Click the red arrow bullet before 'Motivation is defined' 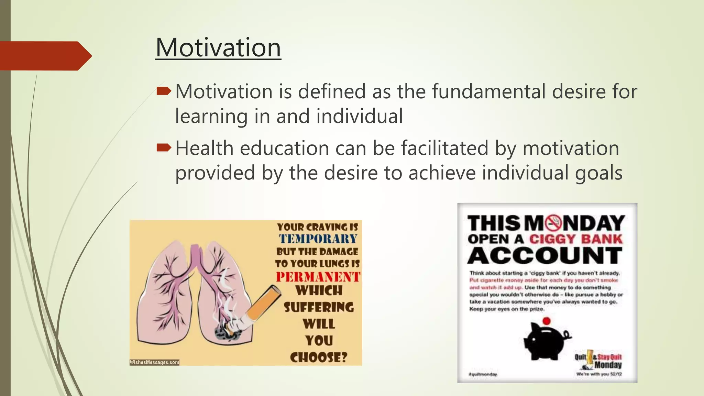163,91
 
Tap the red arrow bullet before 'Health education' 163,148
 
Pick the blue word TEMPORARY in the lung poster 318,239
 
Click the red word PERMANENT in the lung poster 318,277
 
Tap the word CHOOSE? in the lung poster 319,357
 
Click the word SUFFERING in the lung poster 319,307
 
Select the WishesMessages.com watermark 154,362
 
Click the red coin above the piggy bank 546,321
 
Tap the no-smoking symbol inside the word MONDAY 553,223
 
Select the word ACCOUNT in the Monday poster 545,256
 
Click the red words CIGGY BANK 576,239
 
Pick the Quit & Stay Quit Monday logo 598,361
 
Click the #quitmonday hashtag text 483,374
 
